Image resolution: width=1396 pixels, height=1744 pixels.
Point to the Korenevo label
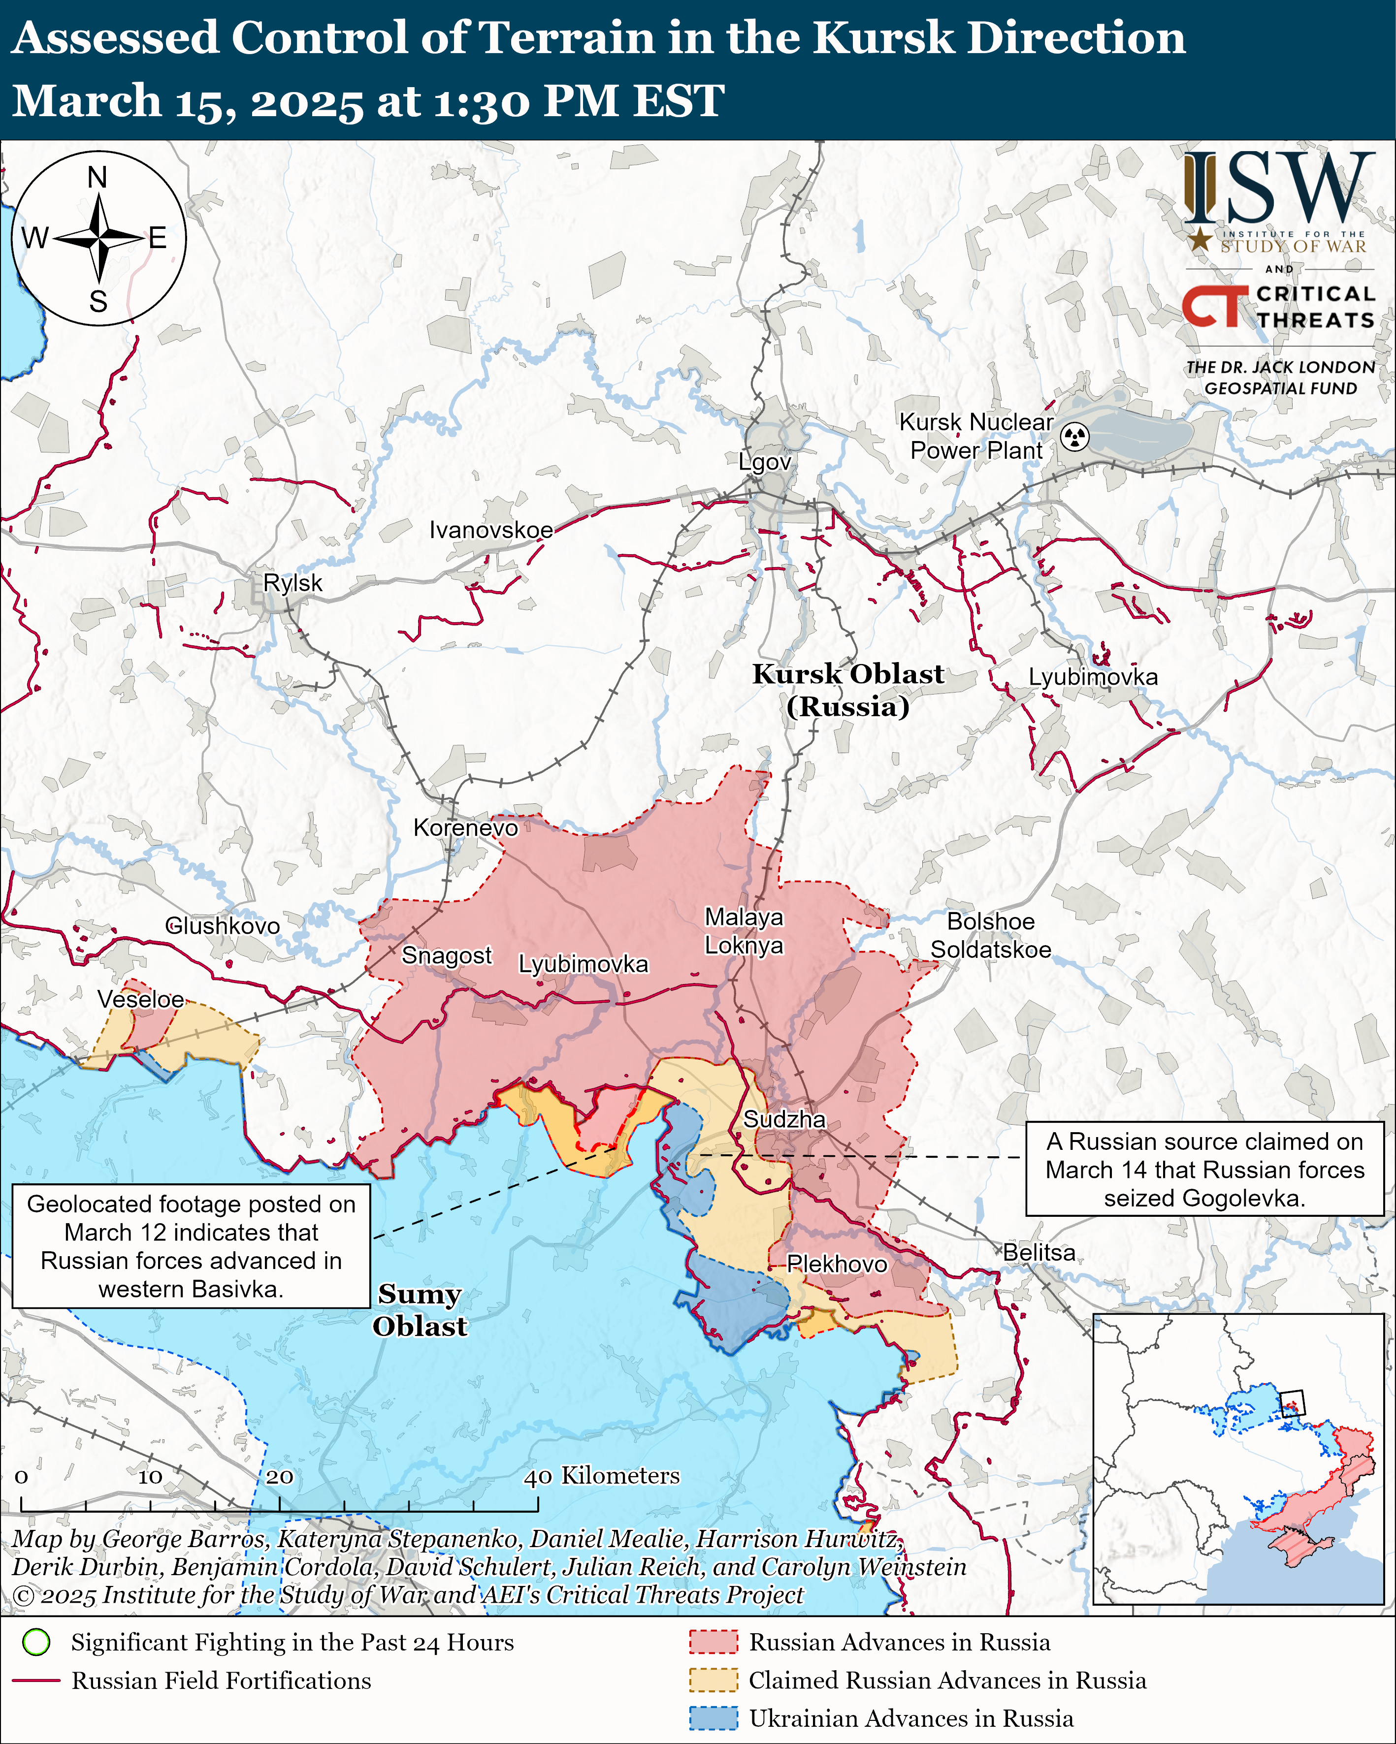[465, 827]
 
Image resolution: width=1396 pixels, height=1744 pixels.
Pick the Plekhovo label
[836, 1264]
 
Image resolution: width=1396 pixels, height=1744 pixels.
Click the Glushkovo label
[223, 926]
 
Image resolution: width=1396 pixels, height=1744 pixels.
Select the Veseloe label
[141, 999]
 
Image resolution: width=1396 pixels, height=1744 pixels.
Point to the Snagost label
[447, 955]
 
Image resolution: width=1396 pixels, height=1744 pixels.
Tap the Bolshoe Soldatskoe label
[991, 936]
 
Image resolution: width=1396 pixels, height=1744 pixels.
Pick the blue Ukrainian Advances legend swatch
[713, 1718]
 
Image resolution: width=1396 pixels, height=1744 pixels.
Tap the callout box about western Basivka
[191, 1246]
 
